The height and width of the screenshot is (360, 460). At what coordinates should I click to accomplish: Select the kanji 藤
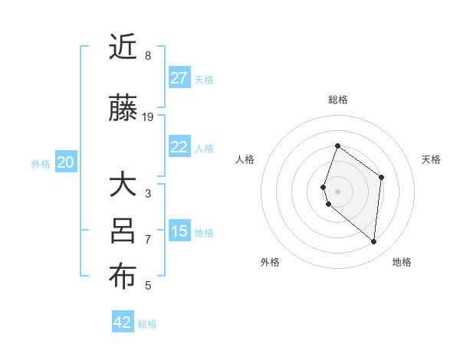123,110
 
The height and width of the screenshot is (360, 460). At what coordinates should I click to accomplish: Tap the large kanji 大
123,185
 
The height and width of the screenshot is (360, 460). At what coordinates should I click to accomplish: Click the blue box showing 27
179,78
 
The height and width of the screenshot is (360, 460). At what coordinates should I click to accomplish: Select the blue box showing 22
179,148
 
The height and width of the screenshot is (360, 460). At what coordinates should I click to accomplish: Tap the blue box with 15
179,231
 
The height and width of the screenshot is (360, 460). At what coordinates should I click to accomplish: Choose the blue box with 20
66,162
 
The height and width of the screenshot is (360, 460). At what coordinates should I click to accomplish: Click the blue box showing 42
123,322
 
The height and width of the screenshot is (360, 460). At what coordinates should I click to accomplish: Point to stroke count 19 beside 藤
149,117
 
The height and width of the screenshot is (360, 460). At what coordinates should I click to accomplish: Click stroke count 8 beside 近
148,56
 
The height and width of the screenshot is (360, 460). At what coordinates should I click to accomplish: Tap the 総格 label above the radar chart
338,100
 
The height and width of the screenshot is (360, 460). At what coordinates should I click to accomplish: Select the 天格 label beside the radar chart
432,159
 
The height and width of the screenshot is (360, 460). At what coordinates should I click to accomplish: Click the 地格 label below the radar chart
402,262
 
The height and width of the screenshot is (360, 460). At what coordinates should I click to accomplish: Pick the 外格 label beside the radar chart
270,262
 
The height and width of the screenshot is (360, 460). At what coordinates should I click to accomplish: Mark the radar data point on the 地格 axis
374,241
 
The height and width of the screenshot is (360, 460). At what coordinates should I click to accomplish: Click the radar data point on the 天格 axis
381,177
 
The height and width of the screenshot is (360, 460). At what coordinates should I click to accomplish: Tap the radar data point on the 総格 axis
337,146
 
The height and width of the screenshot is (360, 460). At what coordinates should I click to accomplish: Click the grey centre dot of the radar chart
337,191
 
